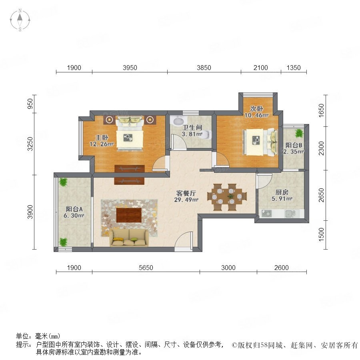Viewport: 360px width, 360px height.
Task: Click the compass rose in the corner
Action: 20,20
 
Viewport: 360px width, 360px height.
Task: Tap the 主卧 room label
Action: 102,140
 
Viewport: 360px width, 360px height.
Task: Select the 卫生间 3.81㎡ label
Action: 192,130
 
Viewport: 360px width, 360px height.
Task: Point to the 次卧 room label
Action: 256,112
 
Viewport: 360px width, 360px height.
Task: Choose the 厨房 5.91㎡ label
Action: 282,195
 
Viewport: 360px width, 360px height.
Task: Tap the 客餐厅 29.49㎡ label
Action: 186,196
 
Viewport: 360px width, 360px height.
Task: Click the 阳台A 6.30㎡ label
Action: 74,212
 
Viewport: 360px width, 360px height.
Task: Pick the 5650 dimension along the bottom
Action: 146,268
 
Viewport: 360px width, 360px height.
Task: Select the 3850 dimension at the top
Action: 204,68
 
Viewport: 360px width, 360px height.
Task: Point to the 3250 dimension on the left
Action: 30,144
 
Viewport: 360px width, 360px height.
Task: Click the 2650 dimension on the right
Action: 322,195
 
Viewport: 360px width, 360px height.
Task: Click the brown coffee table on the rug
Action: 129,215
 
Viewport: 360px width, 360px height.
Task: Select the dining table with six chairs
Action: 227,197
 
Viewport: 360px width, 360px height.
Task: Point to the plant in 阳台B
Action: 299,133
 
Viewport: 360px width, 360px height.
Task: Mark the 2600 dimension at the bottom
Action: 282,268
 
